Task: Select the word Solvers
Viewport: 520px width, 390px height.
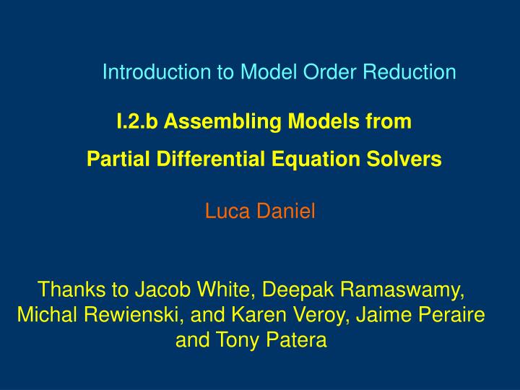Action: click(x=405, y=159)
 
